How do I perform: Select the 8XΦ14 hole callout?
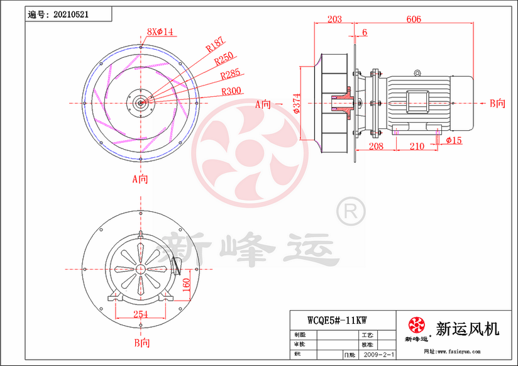click(x=160, y=31)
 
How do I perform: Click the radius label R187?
click(x=215, y=45)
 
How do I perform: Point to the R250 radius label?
click(x=224, y=60)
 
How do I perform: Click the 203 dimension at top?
click(x=335, y=19)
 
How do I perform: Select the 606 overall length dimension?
click(x=414, y=19)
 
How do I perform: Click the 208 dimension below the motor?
click(x=376, y=146)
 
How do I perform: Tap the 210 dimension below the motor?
click(x=417, y=146)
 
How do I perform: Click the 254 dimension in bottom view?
click(x=140, y=314)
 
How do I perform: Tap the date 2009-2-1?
click(x=380, y=355)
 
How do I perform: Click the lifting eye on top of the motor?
click(x=417, y=74)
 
